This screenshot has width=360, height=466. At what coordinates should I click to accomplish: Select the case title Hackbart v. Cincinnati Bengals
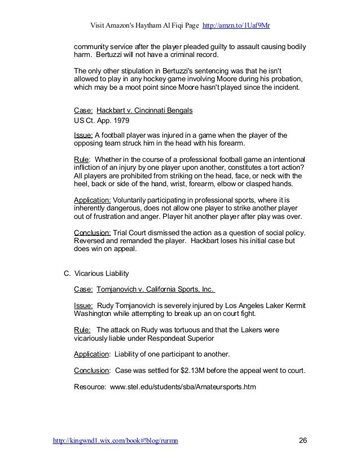pyautogui.click(x=145, y=111)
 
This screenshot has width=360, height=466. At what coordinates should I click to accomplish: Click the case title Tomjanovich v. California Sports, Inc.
pyautogui.click(x=156, y=289)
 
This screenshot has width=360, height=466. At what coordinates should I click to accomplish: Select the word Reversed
pyautogui.click(x=92, y=241)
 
